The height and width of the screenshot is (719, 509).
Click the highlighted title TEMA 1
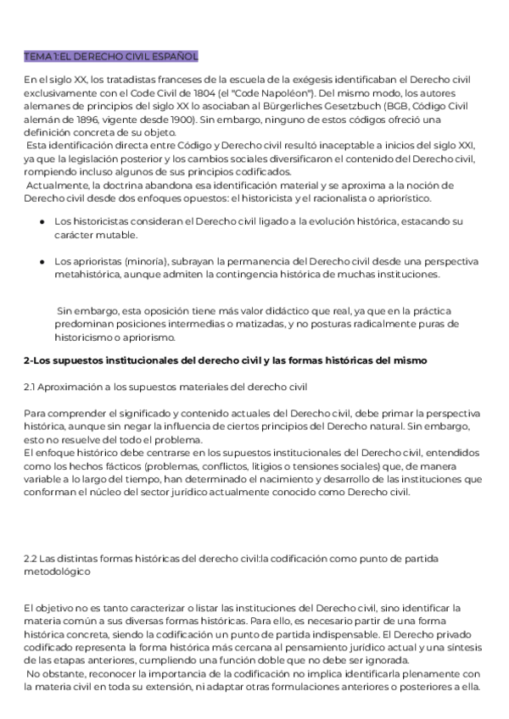click(110, 57)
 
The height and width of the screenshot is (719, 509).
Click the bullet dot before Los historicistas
click(42, 221)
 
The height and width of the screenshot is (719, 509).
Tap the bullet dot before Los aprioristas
click(42, 262)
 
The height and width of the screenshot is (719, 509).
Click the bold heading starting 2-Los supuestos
click(225, 360)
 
